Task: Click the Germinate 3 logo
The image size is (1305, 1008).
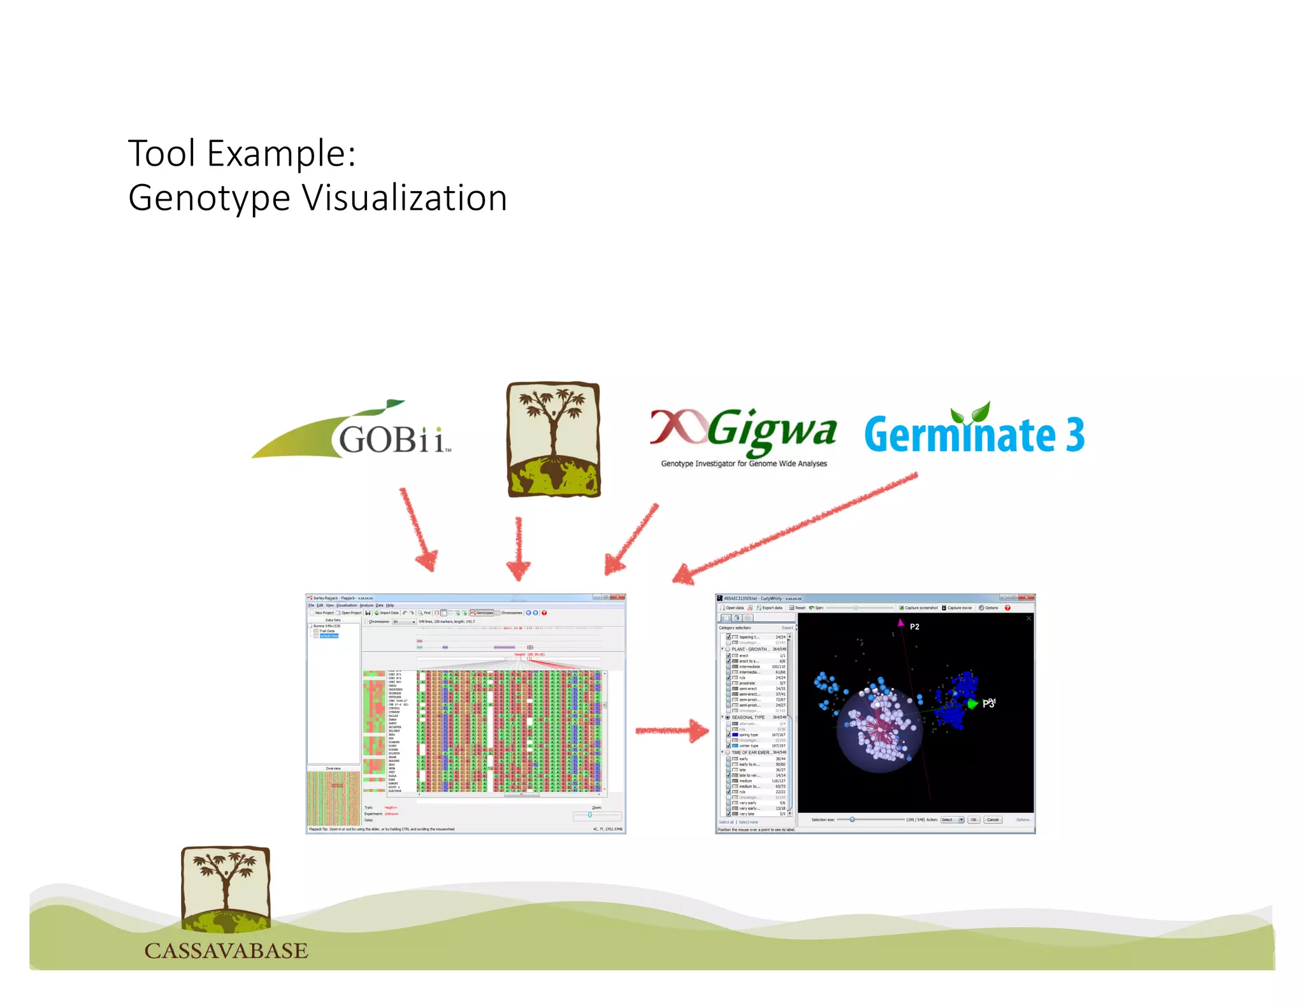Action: [974, 433]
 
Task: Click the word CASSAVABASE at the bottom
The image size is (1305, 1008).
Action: [226, 950]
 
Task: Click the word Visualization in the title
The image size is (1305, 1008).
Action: [405, 198]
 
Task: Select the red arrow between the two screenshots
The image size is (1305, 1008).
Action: [672, 730]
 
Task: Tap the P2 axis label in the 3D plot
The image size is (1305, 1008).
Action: [914, 627]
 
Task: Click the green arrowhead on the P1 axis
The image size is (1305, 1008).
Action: [972, 703]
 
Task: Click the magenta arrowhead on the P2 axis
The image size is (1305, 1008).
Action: [900, 623]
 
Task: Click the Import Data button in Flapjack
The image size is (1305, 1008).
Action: [388, 613]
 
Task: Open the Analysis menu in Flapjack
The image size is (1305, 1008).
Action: [366, 605]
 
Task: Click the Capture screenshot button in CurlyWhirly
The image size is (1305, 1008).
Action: [918, 608]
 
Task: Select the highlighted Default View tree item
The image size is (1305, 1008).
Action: [329, 636]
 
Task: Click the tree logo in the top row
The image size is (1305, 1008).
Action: [553, 440]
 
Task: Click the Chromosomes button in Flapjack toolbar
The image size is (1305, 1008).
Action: [510, 613]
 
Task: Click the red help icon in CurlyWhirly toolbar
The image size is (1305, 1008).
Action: [1007, 608]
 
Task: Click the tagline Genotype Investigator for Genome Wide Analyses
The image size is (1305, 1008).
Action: [744, 464]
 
